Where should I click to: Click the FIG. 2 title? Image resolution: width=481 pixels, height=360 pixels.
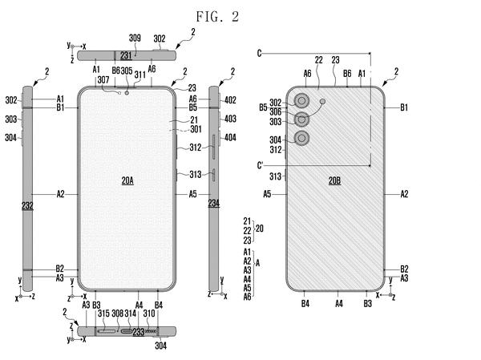pos(217,17)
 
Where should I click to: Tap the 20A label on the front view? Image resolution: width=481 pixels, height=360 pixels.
pos(127,180)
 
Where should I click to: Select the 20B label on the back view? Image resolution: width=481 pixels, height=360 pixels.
pos(334,180)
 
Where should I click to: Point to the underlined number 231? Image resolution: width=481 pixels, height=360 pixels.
pos(126,55)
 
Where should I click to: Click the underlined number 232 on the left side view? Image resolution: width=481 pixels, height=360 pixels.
pos(27,205)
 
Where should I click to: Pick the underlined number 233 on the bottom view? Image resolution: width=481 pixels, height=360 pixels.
pos(139,332)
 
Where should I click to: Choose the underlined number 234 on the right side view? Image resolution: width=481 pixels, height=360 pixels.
pos(214,203)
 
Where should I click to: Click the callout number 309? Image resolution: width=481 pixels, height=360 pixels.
pos(135,38)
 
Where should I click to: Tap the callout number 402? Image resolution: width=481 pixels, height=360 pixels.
pos(230,100)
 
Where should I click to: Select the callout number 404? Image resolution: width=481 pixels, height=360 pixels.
pos(230,137)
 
